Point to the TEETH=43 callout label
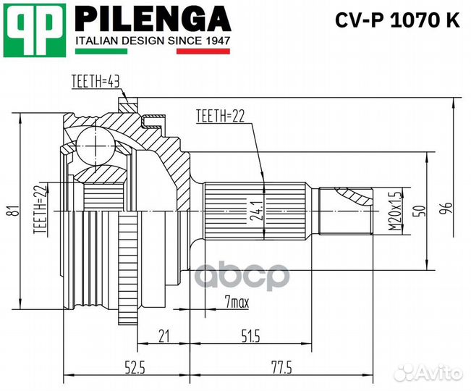[x=95, y=82]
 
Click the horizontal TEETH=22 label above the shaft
[x=220, y=116]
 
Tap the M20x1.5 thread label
[x=394, y=211]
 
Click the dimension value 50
[x=418, y=211]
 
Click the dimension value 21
[x=164, y=335]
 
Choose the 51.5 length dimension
[x=251, y=335]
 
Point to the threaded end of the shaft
[x=346, y=211]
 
